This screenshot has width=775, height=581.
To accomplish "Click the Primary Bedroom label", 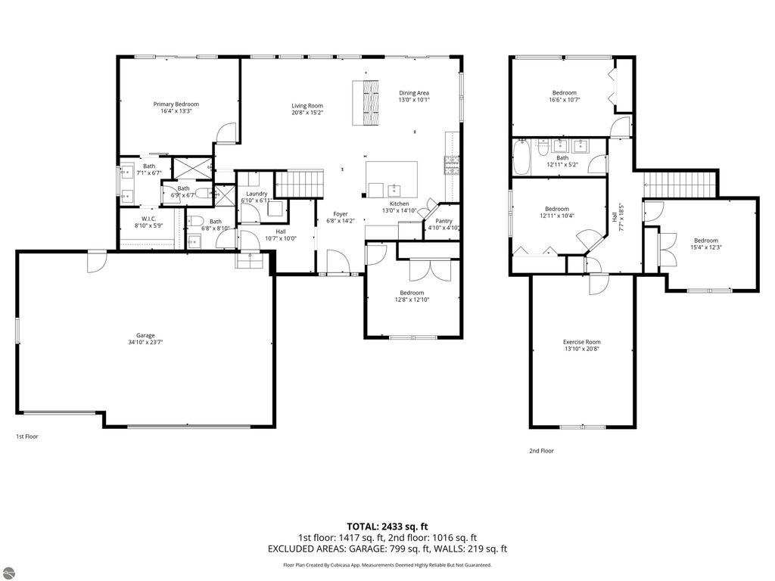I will coord(176,104).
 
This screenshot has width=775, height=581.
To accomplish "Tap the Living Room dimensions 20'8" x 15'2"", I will coord(307,113).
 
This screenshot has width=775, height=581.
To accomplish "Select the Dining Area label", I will coord(414,92).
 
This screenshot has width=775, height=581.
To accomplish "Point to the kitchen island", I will coord(392,179).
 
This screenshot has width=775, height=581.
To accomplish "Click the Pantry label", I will coord(443,220).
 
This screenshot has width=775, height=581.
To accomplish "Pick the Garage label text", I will coord(145,335).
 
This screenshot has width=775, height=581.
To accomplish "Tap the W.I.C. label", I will coord(148,218).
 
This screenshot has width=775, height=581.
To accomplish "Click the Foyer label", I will coord(340,214).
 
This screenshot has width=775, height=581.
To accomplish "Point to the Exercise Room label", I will coord(581,342).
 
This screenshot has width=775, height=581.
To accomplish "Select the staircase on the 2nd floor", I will coord(680,182).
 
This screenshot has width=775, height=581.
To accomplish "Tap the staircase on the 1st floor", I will coord(298,182).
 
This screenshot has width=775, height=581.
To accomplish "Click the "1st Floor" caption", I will coord(27,437).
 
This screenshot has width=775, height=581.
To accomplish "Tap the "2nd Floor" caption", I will coord(541,451).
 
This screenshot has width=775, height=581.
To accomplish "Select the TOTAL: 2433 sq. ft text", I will coord(387,526).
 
